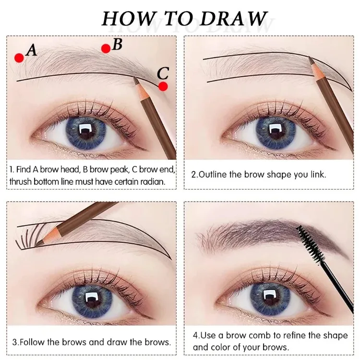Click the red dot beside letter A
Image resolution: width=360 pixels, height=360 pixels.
click(19, 58)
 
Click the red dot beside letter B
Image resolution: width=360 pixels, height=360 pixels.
click(106, 48)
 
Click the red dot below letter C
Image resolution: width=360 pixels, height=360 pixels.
click(163, 86)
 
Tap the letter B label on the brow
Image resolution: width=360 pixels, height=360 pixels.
click(118, 45)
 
